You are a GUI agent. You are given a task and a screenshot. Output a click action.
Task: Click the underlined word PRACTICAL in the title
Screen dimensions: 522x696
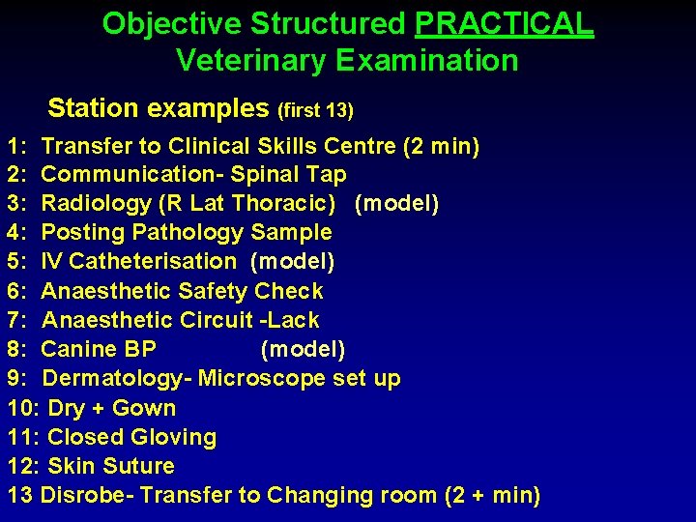504,23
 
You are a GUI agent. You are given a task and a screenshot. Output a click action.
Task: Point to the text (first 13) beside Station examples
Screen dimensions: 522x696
315,109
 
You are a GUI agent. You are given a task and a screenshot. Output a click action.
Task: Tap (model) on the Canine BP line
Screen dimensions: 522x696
303,349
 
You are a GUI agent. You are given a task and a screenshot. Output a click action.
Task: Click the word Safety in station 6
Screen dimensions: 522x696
221,291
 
